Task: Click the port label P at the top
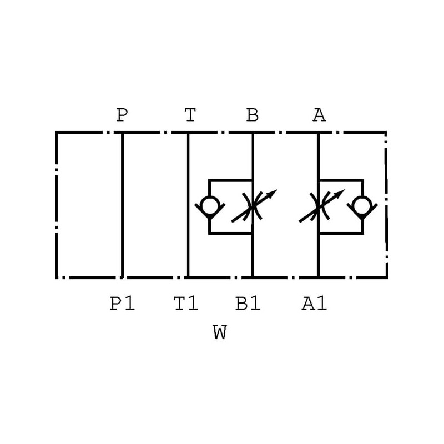click(122, 115)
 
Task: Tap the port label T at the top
click(190, 115)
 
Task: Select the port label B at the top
click(253, 115)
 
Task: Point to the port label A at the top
click(319, 115)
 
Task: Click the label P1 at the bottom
click(122, 304)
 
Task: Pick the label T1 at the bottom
click(186, 304)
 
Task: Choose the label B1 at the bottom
click(248, 304)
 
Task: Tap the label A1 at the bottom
click(314, 304)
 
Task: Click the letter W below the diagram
click(220, 333)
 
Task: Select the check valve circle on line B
click(209, 206)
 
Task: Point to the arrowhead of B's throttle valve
click(273, 194)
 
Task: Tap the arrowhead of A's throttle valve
click(340, 194)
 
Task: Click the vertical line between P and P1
click(122, 205)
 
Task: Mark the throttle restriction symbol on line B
click(253, 207)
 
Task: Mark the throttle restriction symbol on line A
click(318, 207)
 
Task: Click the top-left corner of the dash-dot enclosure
click(57, 133)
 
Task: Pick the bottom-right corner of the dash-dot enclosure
click(386, 277)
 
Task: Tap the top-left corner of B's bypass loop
click(209, 180)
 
